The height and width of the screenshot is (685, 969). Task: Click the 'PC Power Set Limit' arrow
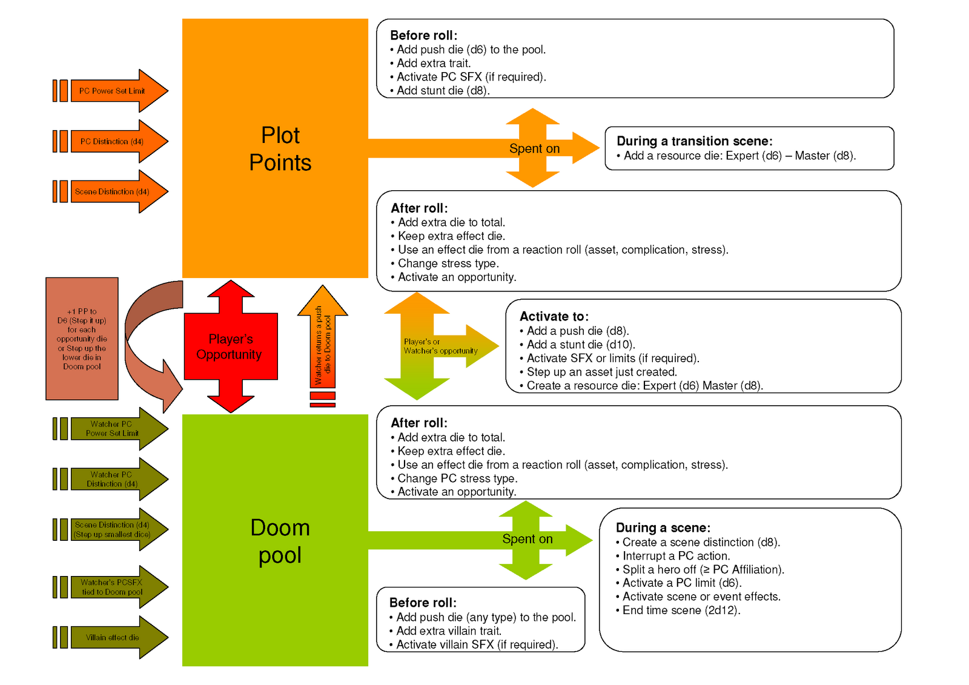(x=112, y=91)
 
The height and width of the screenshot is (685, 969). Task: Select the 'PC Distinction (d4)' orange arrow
(x=112, y=141)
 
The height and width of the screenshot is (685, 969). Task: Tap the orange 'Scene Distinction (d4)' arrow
(x=112, y=191)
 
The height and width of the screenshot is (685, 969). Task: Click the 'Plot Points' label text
(x=280, y=149)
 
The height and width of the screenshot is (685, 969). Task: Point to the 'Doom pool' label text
(x=280, y=541)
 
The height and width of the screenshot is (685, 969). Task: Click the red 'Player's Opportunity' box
(x=230, y=346)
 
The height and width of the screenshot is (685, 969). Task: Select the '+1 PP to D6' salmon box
(x=82, y=339)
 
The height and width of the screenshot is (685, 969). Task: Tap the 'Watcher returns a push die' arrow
(x=323, y=342)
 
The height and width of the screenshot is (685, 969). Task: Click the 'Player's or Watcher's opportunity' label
(x=440, y=346)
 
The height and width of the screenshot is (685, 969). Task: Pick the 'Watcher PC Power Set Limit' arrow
(x=112, y=429)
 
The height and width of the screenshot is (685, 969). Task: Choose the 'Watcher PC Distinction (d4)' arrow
(x=112, y=479)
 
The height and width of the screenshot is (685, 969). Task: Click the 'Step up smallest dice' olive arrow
(x=112, y=530)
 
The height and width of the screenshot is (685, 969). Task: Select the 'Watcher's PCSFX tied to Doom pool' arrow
(x=112, y=587)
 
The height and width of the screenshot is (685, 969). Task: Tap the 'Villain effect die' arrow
(x=112, y=637)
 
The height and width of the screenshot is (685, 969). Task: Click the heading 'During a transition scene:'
(x=694, y=141)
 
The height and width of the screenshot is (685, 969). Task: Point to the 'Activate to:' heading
(x=554, y=316)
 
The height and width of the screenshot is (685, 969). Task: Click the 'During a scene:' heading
(x=663, y=528)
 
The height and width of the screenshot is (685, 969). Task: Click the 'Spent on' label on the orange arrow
(x=534, y=148)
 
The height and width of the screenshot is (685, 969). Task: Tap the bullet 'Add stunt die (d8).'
(x=443, y=91)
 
